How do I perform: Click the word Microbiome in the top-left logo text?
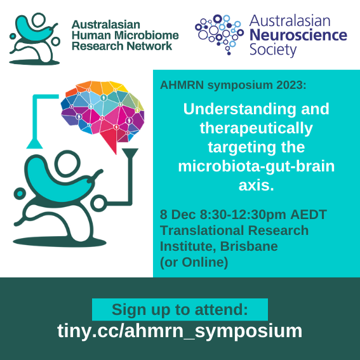(145, 36)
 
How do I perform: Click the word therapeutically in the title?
(256, 128)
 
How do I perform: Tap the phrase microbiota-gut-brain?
(257, 168)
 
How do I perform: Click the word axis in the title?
(256, 187)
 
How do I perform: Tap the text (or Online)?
(194, 261)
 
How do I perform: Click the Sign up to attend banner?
(180, 310)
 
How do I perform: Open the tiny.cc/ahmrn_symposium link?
(180, 331)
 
